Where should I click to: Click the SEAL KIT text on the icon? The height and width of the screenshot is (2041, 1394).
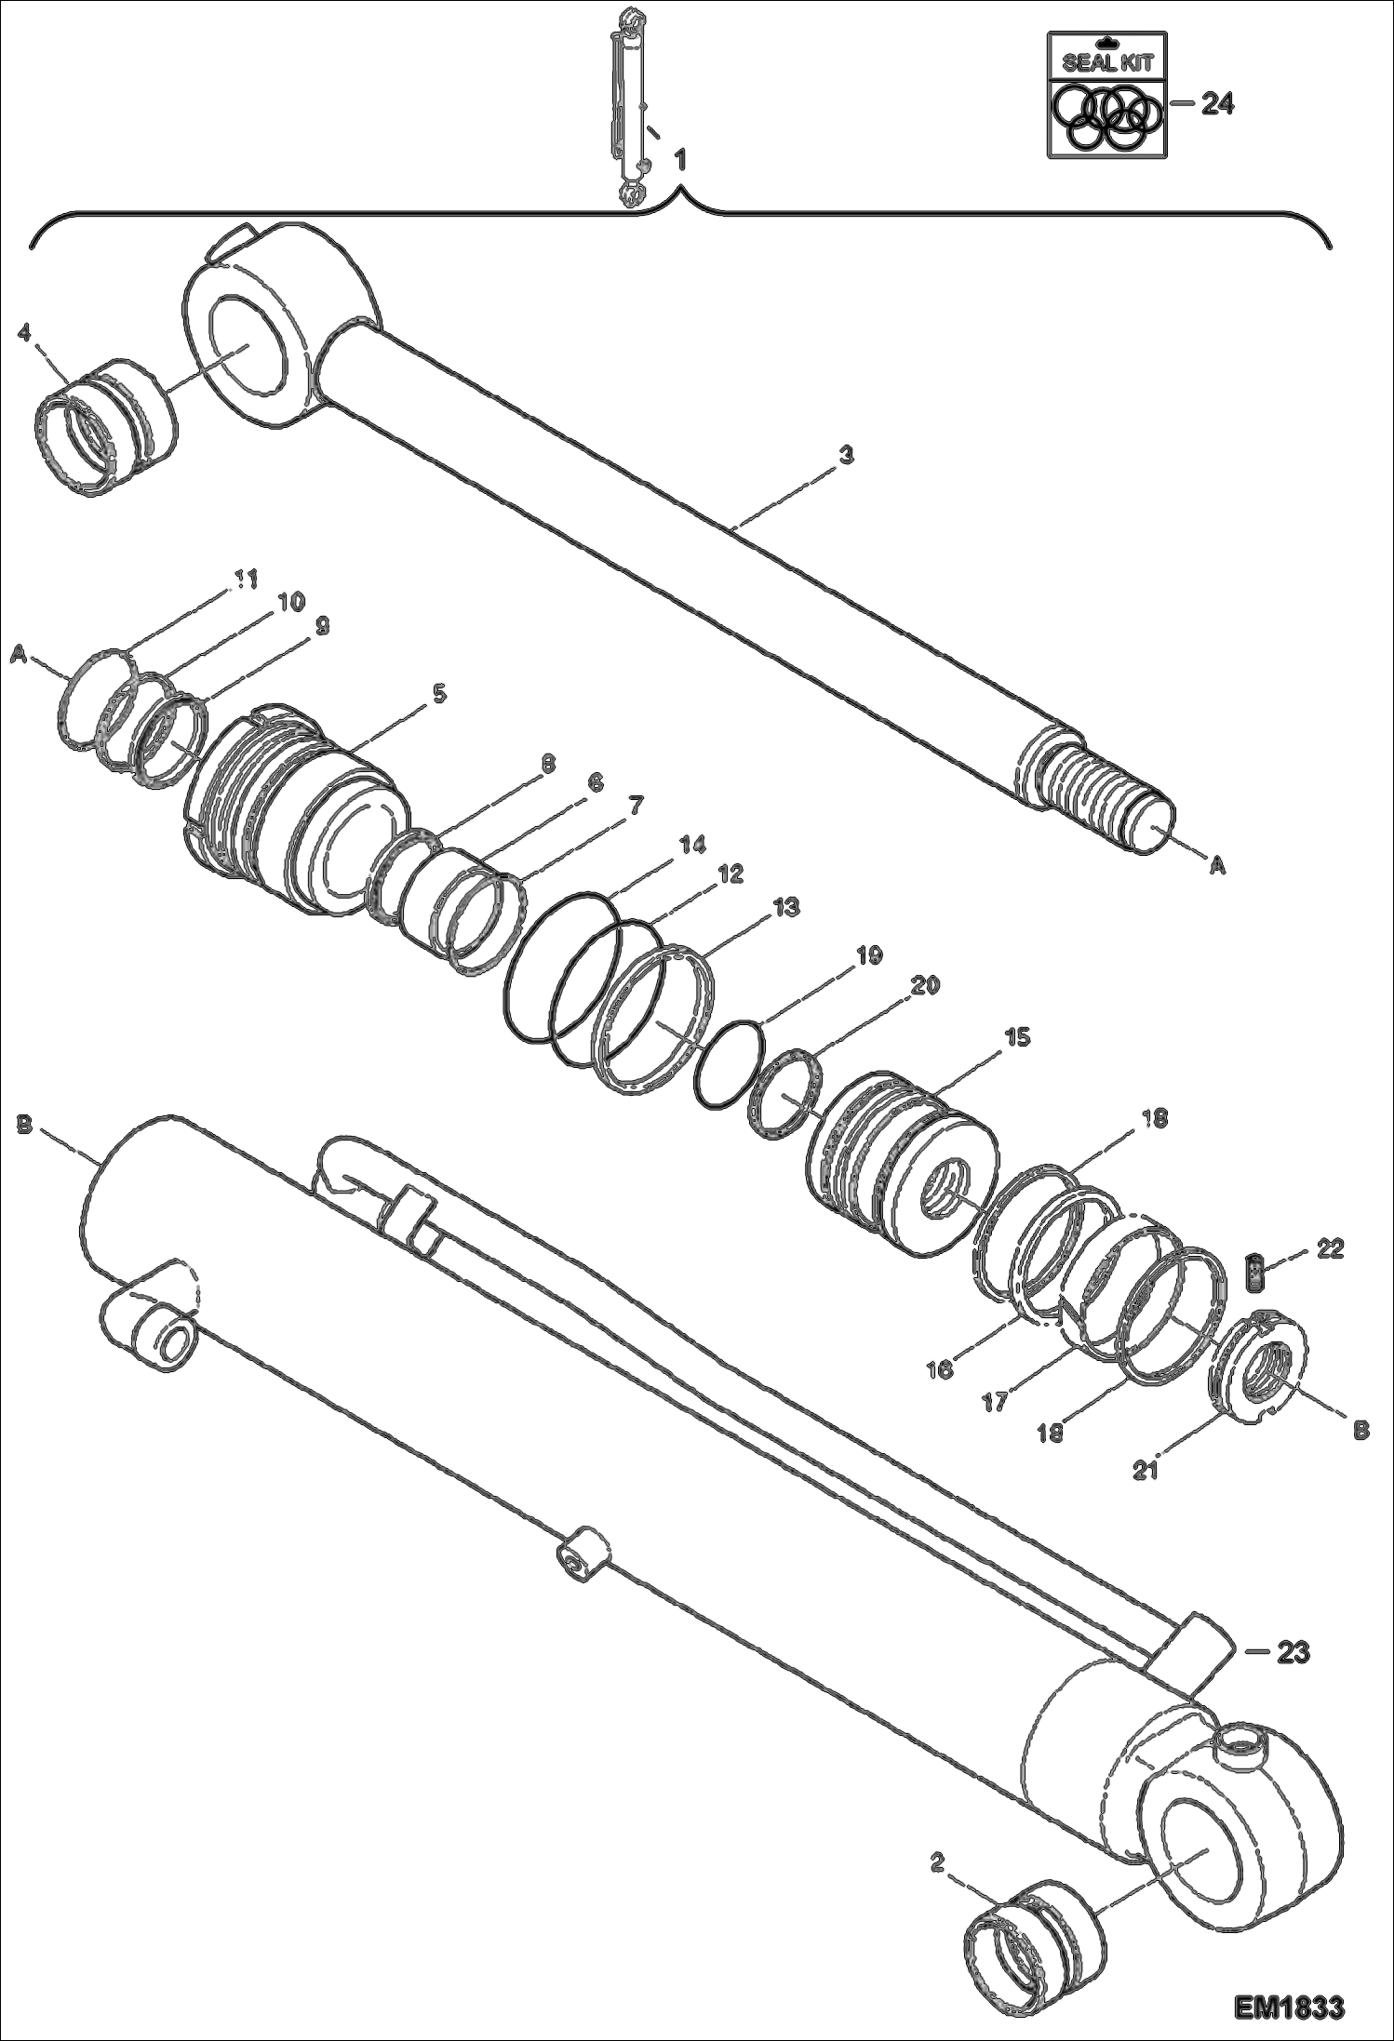[1106, 64]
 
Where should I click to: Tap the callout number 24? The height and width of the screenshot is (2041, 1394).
[1216, 105]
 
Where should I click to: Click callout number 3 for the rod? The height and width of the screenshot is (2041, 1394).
[845, 456]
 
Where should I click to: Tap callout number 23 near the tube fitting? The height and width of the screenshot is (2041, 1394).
[1293, 1652]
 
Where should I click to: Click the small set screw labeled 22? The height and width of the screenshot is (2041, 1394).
[1256, 1271]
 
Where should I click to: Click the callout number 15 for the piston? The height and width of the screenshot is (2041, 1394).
[1017, 1037]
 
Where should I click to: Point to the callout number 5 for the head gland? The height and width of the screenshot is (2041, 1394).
[438, 693]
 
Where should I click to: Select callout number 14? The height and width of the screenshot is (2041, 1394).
[692, 845]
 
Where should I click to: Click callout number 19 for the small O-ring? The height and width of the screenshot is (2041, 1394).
[868, 954]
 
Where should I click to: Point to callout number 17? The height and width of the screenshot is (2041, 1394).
[995, 1402]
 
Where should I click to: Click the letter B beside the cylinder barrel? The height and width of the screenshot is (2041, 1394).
[25, 1126]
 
